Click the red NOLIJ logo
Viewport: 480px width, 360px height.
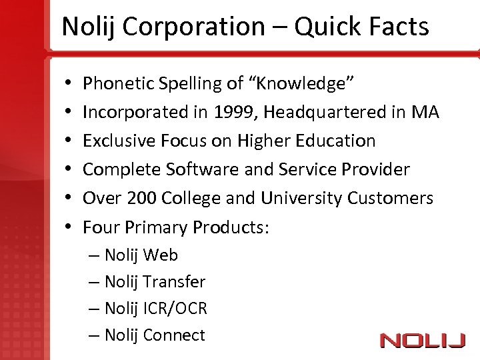coord(422,341)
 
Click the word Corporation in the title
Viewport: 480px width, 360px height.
coord(193,27)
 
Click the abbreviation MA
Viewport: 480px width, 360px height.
coord(425,112)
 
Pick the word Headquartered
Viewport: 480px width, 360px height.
coord(325,112)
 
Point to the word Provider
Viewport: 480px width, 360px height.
coord(377,169)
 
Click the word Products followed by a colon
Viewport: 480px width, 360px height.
coord(231,227)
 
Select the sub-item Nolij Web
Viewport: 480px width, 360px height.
coord(141,255)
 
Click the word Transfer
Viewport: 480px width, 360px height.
coord(174,282)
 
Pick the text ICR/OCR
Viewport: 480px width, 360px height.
coord(175,309)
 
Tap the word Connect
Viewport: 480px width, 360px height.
coord(174,335)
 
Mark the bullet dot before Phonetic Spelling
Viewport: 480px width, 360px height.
coord(69,84)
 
